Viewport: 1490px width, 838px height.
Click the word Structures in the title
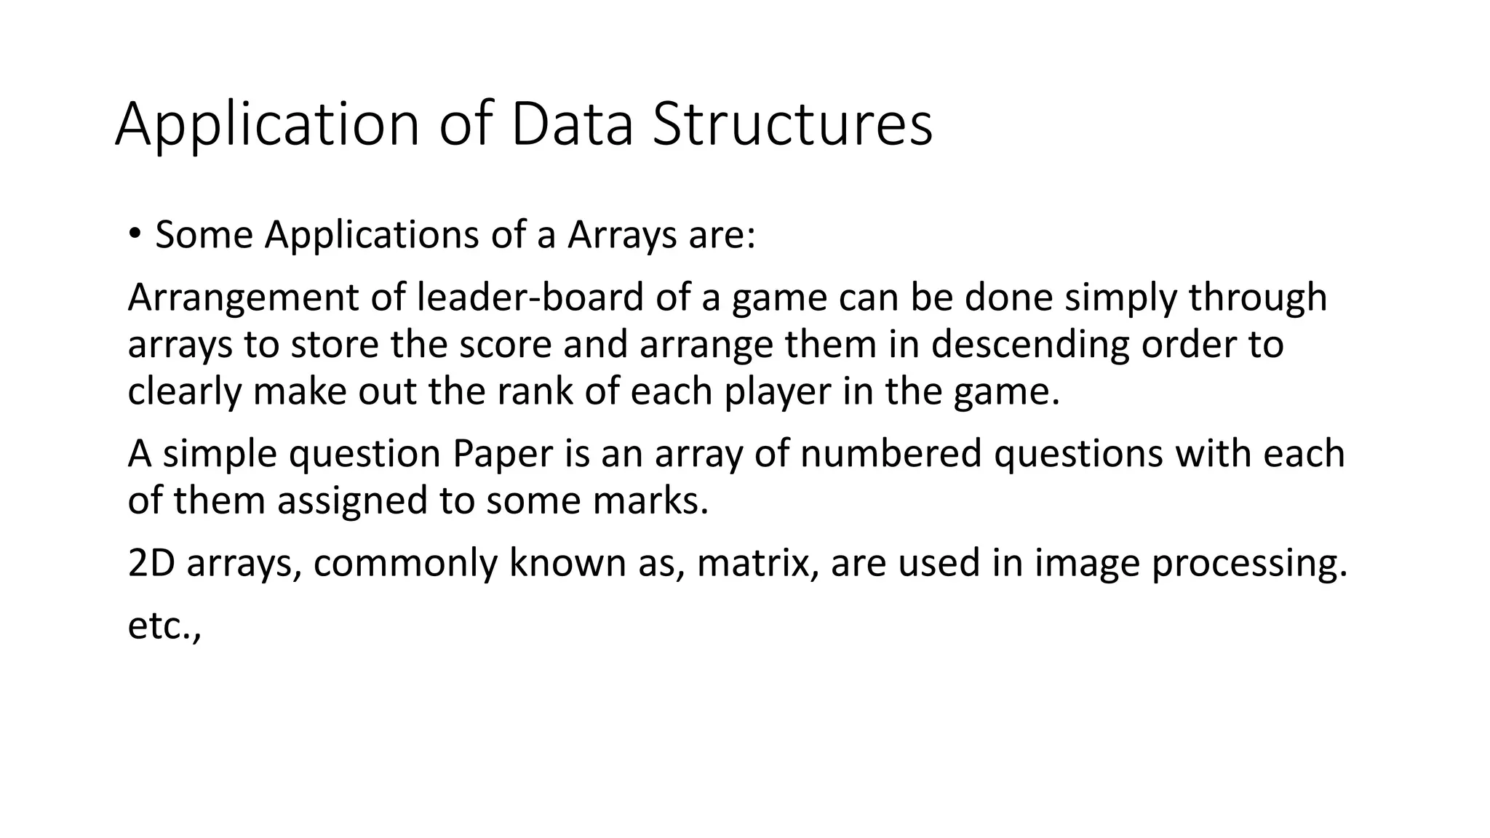792,124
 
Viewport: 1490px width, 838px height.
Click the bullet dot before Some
135,234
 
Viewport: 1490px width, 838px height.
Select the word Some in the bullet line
204,235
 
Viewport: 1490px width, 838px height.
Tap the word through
1258,298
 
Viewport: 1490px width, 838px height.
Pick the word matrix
756,563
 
